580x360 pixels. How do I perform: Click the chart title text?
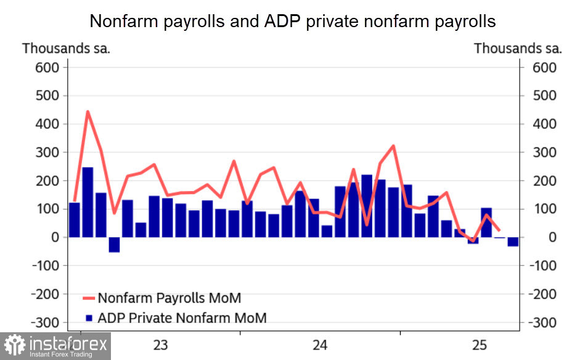coord(292,21)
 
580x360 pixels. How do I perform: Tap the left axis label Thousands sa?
coord(66,48)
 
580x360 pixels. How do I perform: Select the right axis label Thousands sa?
coord(518,48)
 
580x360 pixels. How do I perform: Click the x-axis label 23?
coord(160,345)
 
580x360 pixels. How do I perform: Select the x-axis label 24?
coord(320,345)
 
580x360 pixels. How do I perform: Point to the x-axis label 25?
coord(480,345)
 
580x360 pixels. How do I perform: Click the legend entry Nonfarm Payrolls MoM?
coord(169,298)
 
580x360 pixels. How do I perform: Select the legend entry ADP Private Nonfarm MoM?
coord(182,318)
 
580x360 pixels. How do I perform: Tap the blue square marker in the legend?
coord(88,319)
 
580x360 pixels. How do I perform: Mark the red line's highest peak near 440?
coord(88,112)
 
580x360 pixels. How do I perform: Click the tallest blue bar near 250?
coord(88,202)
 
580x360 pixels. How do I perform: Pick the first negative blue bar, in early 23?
coord(114,245)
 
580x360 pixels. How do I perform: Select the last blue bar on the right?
coord(513,242)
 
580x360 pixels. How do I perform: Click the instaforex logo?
coord(55,345)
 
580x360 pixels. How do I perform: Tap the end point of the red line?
coord(499,230)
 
